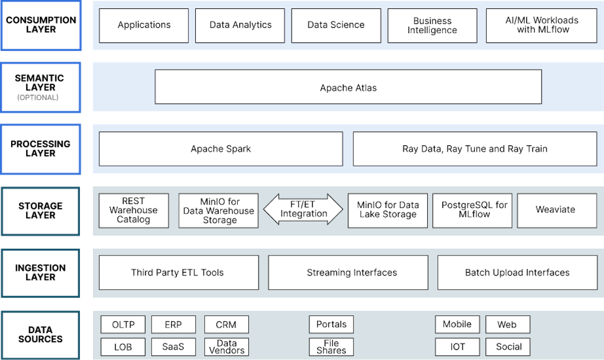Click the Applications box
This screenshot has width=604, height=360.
tap(144, 25)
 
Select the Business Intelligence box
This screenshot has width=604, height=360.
tap(432, 25)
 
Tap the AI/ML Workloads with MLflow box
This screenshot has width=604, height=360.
tap(541, 25)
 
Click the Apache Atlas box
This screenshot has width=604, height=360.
tap(348, 87)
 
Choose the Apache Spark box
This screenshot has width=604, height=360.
tap(220, 149)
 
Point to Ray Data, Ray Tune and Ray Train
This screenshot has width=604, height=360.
tap(474, 149)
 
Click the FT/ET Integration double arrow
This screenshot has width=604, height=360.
tap(303, 210)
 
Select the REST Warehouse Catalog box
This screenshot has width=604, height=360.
tap(133, 210)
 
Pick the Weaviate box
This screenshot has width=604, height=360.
tap(555, 210)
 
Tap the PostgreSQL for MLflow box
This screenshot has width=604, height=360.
tap(472, 210)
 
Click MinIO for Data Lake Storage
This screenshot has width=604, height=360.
tap(387, 210)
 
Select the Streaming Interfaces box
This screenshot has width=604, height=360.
tap(351, 273)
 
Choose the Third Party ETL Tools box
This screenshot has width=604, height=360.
tap(178, 273)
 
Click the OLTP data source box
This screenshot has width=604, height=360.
tap(122, 324)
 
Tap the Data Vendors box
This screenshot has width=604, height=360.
tap(226, 347)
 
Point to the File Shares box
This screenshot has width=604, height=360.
tap(331, 347)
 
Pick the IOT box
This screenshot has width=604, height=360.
tap(457, 347)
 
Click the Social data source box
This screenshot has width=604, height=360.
tap(508, 347)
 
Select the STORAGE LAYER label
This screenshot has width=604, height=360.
tap(40, 210)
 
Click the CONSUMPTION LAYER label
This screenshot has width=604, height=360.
tap(40, 25)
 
